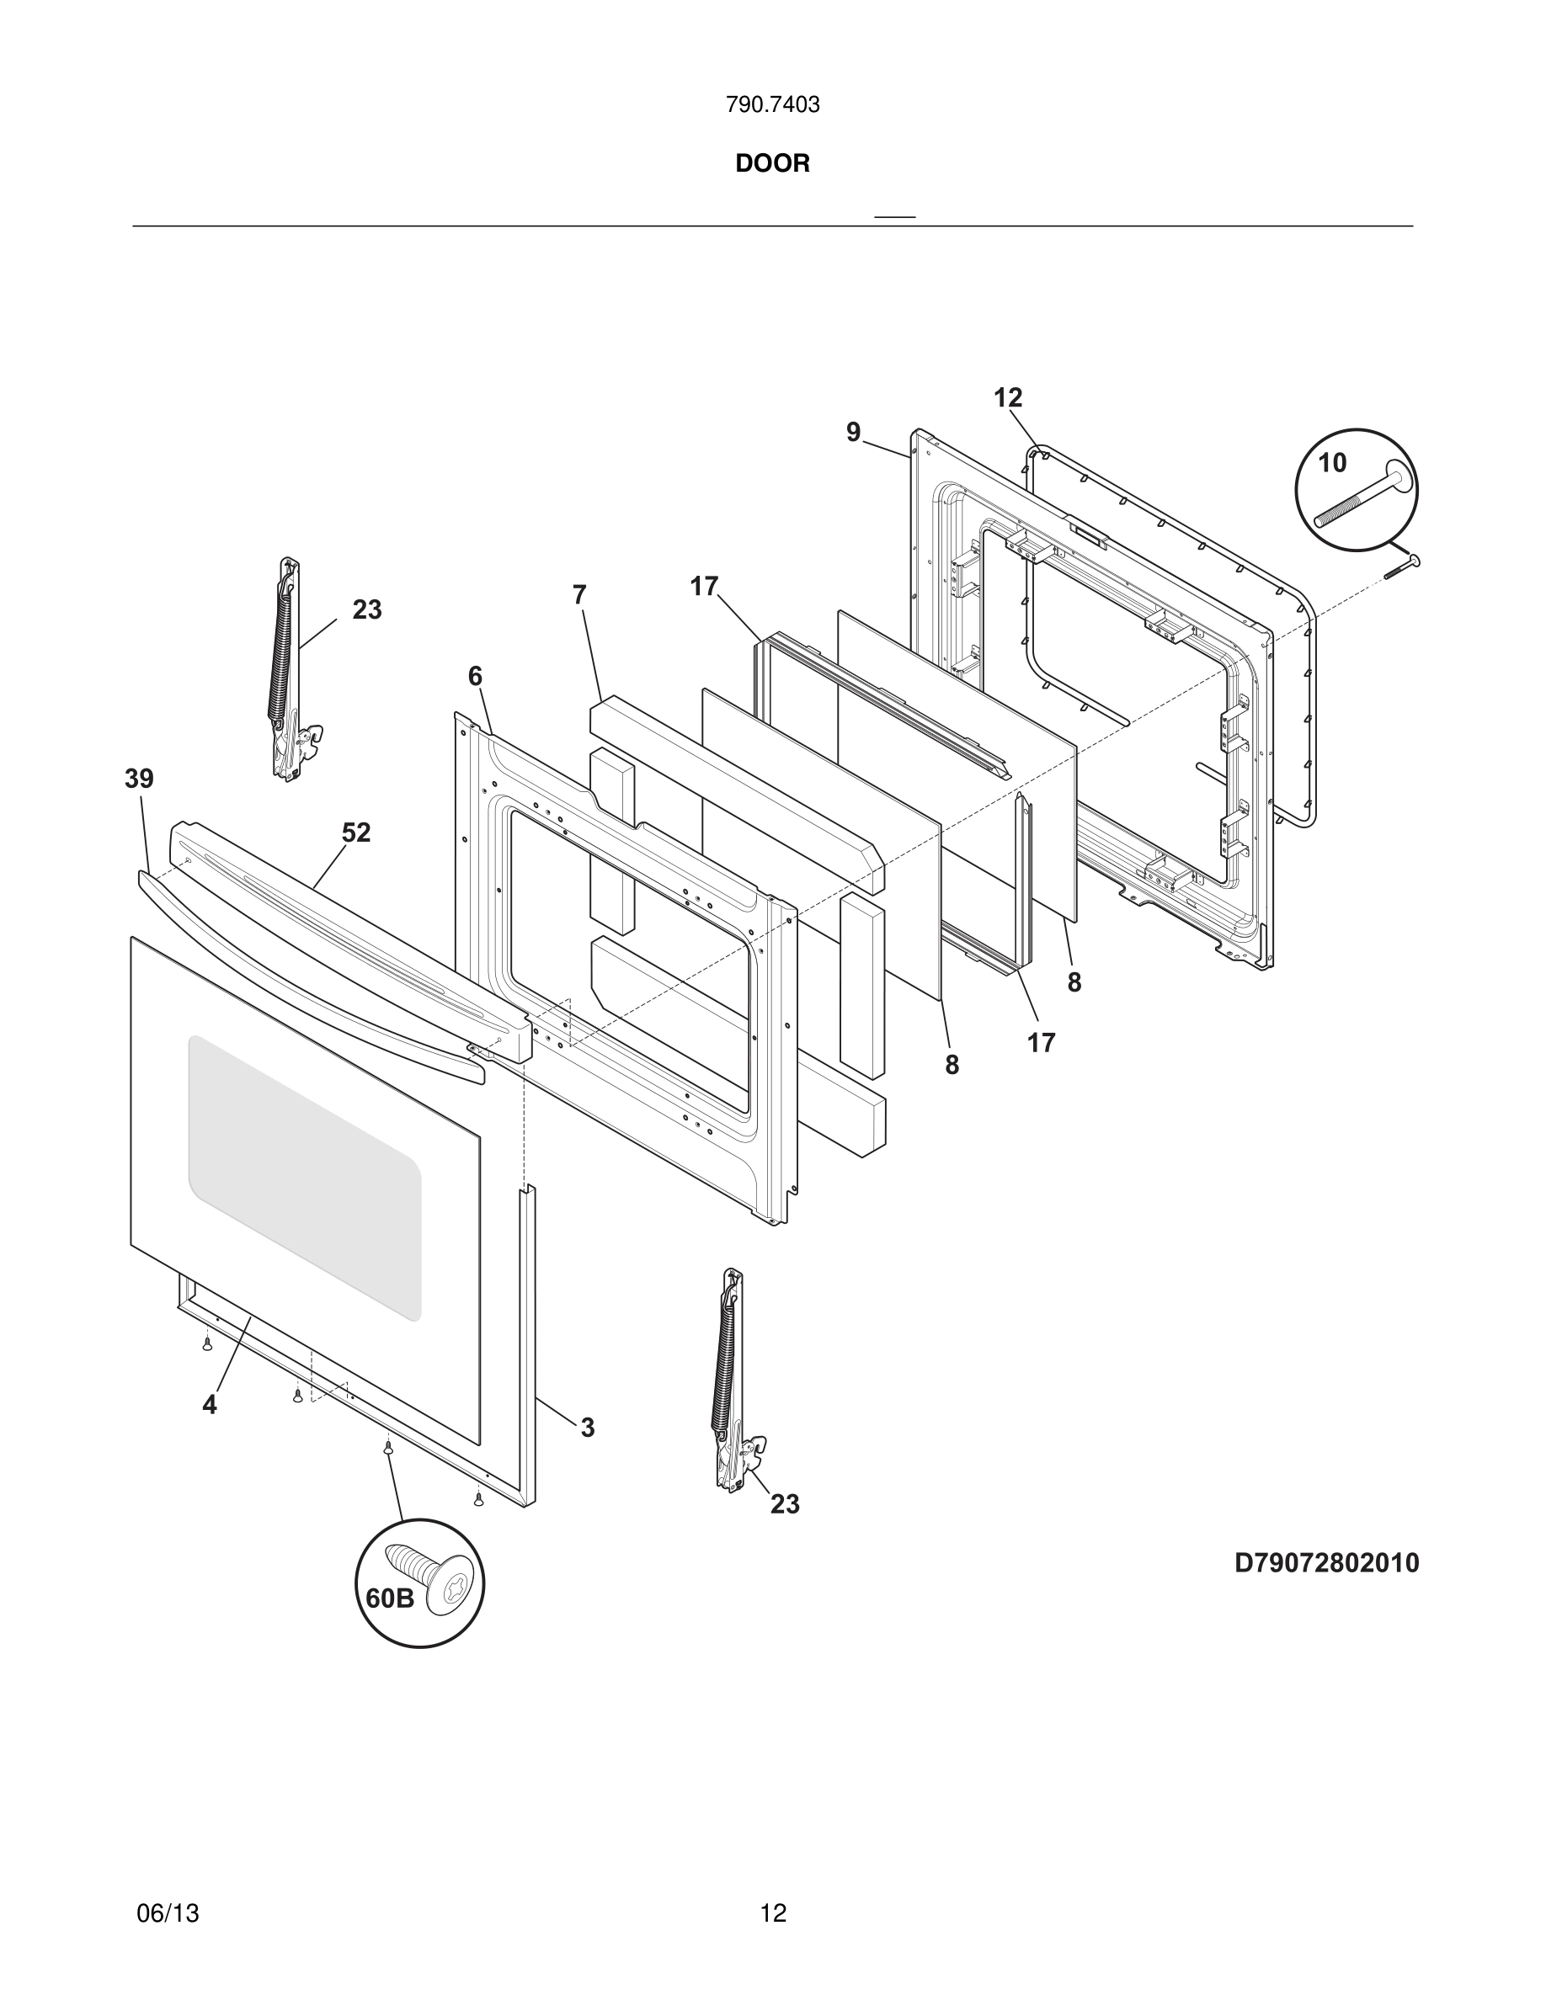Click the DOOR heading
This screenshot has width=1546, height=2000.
772,164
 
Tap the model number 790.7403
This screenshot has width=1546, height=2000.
772,105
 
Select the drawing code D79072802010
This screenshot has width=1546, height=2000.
1326,1562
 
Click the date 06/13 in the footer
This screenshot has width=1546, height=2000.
168,1913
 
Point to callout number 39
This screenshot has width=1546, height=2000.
139,779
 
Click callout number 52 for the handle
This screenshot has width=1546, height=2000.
356,832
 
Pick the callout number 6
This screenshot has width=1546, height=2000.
474,677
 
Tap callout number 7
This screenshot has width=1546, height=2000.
578,595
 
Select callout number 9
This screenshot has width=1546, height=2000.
854,432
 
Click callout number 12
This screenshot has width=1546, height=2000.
1007,398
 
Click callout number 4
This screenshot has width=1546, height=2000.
210,1405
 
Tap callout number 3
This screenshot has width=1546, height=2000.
587,1427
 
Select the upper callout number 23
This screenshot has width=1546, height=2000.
366,610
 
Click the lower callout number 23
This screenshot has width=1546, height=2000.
785,1503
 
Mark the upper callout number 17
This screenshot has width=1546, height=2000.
703,586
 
